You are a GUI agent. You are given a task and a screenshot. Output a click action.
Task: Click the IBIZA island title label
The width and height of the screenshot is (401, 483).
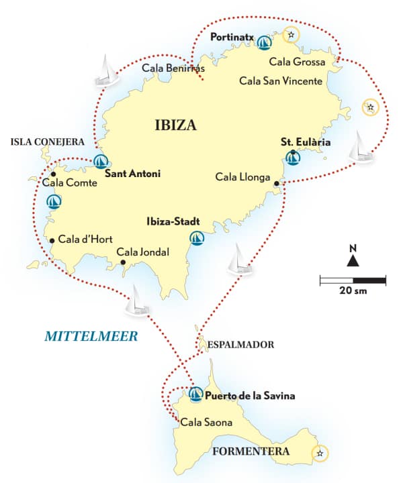(x=175, y=125)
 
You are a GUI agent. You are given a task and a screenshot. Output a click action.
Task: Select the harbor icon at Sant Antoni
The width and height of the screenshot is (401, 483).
(x=101, y=161)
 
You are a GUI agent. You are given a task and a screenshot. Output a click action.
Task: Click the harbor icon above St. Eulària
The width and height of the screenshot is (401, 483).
(x=293, y=158)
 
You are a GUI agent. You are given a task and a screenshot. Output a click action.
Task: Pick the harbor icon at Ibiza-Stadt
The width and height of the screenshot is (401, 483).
(x=196, y=237)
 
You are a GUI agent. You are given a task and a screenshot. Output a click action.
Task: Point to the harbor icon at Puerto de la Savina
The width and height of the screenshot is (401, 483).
(x=195, y=394)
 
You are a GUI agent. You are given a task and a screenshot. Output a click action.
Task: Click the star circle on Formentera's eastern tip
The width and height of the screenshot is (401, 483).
(x=320, y=454)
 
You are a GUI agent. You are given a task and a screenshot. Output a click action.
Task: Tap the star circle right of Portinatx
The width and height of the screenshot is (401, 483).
(x=290, y=34)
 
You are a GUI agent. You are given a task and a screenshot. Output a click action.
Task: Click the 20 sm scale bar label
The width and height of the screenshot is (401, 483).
(x=353, y=291)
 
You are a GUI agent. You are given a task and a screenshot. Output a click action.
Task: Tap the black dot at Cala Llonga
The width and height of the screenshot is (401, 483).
(x=277, y=182)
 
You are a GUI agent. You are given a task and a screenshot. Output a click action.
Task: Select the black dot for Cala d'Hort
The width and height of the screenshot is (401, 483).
(x=52, y=239)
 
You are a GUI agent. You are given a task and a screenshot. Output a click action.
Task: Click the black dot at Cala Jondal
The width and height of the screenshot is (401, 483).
(x=122, y=262)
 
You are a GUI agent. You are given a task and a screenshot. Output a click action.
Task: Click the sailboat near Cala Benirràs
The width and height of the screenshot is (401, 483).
(x=106, y=72)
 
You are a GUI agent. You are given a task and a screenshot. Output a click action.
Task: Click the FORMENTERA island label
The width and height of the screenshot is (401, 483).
(x=251, y=451)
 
